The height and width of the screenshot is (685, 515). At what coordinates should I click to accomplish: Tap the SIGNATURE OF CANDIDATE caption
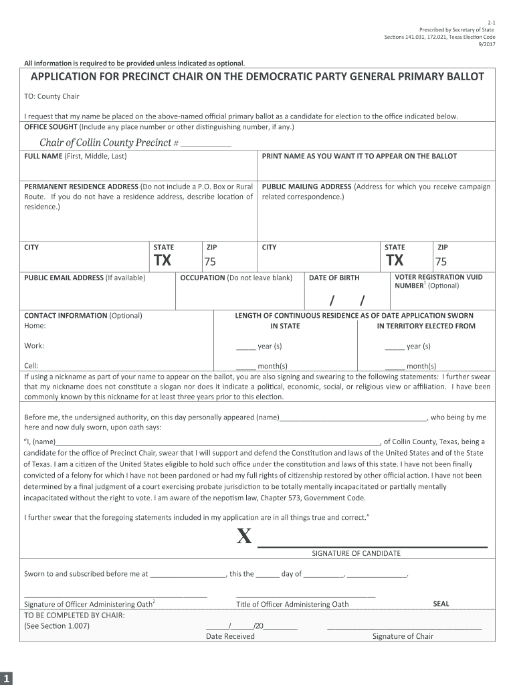[356, 553]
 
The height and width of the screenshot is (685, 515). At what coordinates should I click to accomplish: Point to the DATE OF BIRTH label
[334, 278]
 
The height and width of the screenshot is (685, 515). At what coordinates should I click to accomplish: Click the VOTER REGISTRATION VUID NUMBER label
[439, 281]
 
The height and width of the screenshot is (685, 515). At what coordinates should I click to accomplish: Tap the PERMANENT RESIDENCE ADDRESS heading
[80, 187]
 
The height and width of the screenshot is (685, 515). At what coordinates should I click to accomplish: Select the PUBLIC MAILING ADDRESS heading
[306, 187]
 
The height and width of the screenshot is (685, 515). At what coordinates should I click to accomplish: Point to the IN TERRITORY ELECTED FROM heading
[426, 326]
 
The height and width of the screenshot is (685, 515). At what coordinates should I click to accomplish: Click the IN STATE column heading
[285, 326]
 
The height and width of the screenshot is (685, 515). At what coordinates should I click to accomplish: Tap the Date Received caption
[230, 636]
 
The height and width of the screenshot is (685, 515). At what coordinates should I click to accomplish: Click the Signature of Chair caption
[403, 636]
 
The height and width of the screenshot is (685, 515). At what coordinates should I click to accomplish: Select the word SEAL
[441, 603]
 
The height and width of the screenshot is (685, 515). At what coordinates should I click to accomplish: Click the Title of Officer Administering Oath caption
[292, 604]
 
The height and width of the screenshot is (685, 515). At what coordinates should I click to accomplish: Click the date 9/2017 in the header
[485, 45]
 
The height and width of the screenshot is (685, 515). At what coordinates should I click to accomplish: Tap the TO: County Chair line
[51, 96]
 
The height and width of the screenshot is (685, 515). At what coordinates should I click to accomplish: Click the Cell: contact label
[31, 366]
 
